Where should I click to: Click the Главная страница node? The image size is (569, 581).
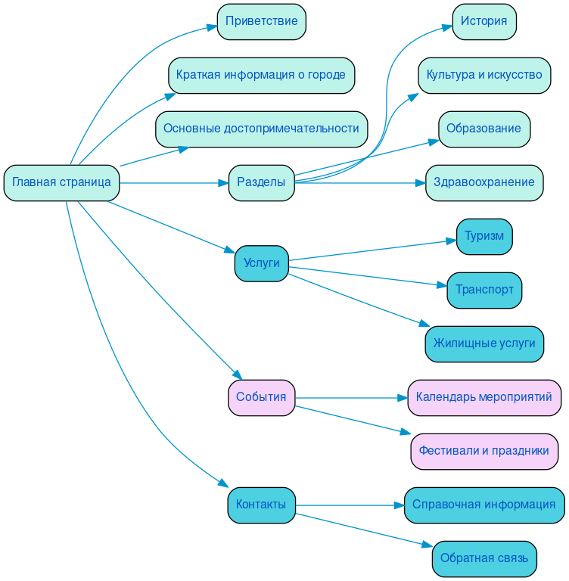(61, 182)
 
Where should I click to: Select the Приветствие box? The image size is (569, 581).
(261, 21)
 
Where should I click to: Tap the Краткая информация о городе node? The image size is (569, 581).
(261, 75)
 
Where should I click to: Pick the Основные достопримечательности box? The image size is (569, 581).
(261, 129)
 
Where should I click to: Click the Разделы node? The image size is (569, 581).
(261, 182)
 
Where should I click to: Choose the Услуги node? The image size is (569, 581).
(261, 263)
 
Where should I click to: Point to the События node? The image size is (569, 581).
(261, 397)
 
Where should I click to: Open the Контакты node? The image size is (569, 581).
(261, 505)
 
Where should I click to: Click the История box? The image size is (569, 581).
(483, 21)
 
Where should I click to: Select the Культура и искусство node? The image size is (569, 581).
(483, 75)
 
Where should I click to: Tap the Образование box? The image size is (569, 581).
(483, 129)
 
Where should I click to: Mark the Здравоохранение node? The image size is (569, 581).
(483, 182)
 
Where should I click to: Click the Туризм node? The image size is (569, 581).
(483, 236)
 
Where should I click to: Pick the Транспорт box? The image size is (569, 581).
(483, 290)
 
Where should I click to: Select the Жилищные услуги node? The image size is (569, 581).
(483, 343)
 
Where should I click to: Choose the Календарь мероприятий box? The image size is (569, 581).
(483, 397)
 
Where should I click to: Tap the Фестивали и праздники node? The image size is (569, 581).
(483, 451)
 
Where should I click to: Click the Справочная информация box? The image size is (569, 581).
(483, 505)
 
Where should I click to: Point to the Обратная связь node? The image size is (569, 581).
(483, 558)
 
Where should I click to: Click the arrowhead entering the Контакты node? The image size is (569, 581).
(223, 485)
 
